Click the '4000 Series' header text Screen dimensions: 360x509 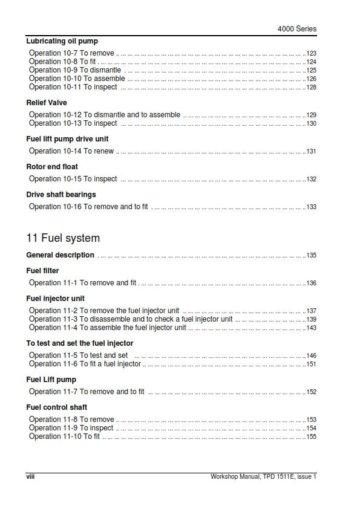[296, 28]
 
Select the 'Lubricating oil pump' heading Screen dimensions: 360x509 [61, 41]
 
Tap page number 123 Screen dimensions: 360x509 [312, 54]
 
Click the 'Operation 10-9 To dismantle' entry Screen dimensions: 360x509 [75, 70]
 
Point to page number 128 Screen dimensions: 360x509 [312, 88]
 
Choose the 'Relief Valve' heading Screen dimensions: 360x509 [47, 103]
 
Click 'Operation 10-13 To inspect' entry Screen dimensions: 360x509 [73, 123]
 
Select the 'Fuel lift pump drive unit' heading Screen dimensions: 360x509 [67, 139]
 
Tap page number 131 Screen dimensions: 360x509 [312, 152]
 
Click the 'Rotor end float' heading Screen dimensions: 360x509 [52, 167]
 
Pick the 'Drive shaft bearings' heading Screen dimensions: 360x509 [61, 195]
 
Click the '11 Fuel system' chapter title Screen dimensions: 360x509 [63, 238]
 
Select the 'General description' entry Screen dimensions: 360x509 [61, 255]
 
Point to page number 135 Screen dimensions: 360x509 [312, 256]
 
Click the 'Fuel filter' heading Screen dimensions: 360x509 [43, 271]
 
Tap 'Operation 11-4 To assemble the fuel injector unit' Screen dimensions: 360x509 [108, 328]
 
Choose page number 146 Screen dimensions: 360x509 [312, 356]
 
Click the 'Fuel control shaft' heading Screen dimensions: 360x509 [57, 407]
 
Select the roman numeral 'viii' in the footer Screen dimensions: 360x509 [30, 476]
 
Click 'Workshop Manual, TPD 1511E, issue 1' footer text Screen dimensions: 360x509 [263, 476]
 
